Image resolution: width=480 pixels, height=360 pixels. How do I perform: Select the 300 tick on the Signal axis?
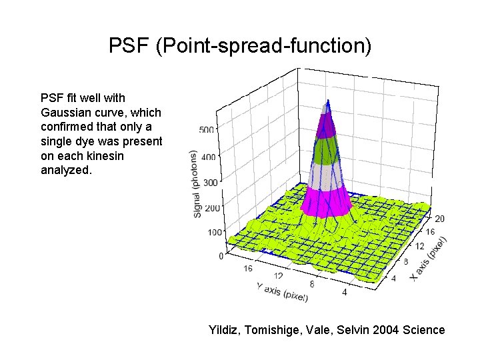click(x=210, y=182)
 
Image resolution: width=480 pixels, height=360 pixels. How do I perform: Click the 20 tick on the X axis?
click(x=439, y=219)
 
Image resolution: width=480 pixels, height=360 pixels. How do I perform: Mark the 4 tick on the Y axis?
click(x=345, y=291)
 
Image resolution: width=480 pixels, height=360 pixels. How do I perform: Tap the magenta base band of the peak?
click(x=327, y=201)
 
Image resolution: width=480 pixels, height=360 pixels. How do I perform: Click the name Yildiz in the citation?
click(x=226, y=329)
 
